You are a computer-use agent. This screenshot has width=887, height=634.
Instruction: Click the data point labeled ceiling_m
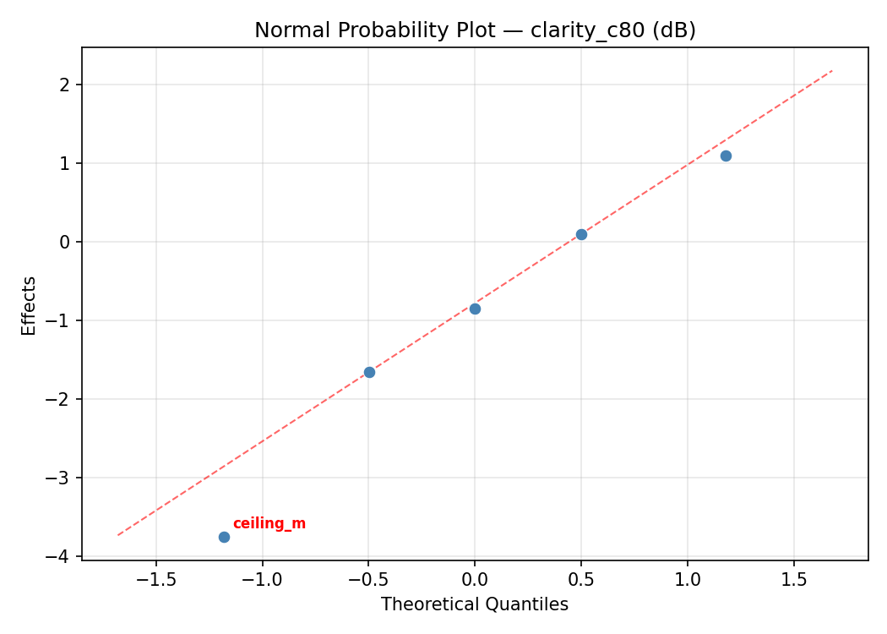pos(224,537)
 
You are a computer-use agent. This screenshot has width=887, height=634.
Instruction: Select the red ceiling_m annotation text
pos(269,524)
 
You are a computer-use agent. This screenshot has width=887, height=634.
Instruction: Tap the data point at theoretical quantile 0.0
pos(475,309)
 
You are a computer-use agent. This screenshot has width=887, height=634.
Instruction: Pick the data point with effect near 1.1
pos(726,156)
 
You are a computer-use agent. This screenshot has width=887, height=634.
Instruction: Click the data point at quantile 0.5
pos(581,234)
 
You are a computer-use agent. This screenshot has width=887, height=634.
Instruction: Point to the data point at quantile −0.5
pos(369,372)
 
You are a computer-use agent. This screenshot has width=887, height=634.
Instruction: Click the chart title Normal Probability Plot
pos(475,30)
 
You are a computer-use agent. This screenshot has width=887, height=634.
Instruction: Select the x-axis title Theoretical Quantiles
pos(475,604)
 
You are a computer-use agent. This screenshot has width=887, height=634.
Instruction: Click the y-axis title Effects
pos(30,305)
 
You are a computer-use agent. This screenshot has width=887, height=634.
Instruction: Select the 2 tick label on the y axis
pos(65,85)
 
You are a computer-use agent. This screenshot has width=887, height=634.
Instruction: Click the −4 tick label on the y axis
pos(61,556)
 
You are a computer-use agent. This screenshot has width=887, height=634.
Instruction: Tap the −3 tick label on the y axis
pos(61,478)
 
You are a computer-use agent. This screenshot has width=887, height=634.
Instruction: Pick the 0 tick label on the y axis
pos(65,242)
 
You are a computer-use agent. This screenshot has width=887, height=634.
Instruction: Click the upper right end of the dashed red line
pos(832,71)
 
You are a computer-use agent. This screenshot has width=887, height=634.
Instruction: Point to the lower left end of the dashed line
pos(118,534)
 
